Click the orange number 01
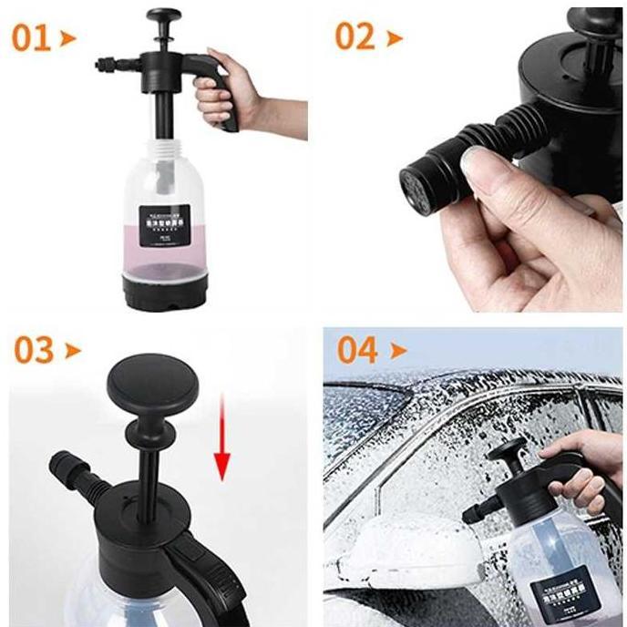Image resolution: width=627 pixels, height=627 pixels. [x=32, y=38]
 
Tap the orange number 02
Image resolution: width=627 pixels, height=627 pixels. [x=355, y=36]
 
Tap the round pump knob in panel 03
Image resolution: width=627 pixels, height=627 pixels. [x=152, y=380]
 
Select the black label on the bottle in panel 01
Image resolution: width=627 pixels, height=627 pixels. [x=164, y=226]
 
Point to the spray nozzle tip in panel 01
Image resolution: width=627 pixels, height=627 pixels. [x=101, y=64]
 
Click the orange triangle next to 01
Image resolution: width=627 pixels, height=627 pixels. [x=68, y=39]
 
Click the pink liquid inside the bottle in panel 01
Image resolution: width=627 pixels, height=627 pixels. [x=164, y=260]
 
